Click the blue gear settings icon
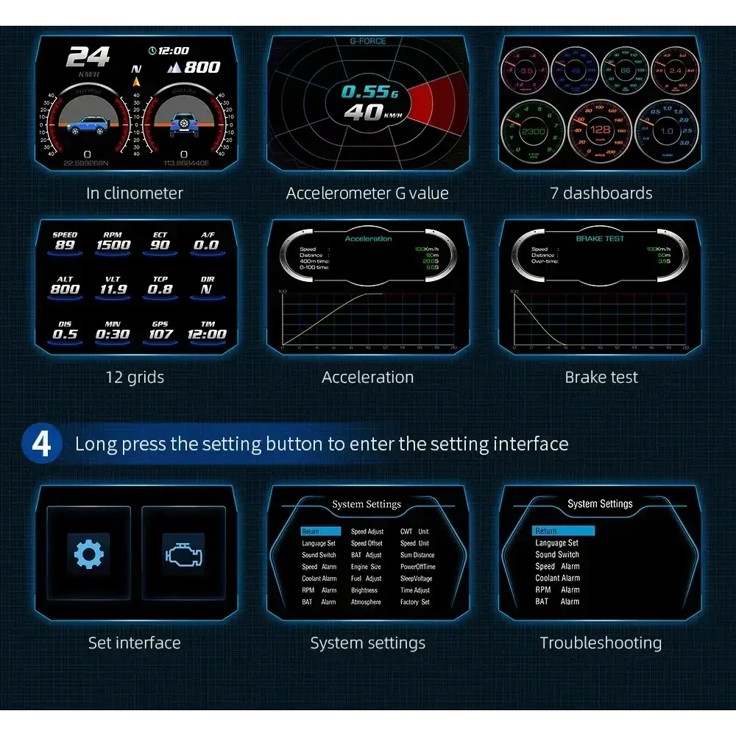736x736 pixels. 88,554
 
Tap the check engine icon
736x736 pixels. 183,554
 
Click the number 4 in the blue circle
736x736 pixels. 42,444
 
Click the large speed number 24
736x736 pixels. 88,57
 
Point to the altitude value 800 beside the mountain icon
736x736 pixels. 202,67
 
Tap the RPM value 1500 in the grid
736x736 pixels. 113,245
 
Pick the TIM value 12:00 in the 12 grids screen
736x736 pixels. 208,334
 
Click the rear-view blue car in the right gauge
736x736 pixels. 183,125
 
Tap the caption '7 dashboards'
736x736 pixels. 601,194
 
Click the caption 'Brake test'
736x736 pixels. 601,378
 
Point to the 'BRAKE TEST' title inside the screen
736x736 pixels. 600,238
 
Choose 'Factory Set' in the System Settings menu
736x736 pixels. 414,602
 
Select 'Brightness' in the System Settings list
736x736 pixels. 364,590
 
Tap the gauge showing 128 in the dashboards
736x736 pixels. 600,130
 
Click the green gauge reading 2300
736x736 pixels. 533,131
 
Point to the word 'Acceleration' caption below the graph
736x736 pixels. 367,378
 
